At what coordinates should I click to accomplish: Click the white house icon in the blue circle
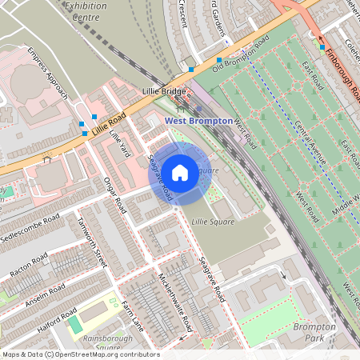(180, 172)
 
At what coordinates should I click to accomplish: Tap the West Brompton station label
(198, 121)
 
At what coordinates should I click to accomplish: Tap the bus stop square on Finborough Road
(322, 47)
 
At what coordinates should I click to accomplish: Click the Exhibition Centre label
(86, 10)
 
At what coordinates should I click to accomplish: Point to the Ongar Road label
(115, 194)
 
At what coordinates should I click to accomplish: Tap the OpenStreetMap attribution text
(80, 354)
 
